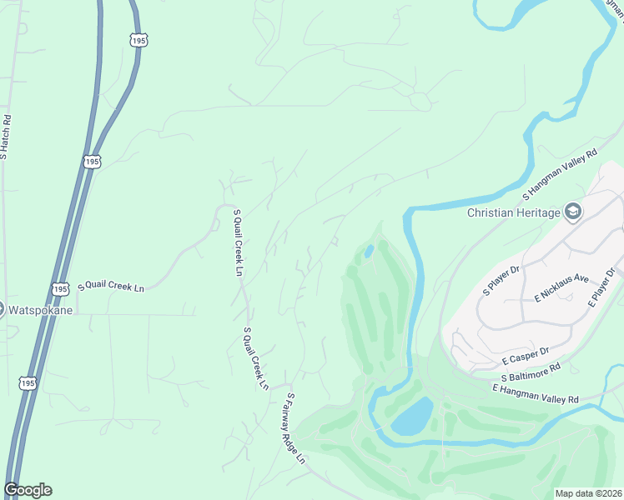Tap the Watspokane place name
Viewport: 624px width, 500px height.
pos(41,310)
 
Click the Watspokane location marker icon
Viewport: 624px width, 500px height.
pos(2,308)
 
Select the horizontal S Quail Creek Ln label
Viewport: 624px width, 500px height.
pos(111,287)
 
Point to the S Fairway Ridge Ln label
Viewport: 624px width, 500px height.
pos(296,428)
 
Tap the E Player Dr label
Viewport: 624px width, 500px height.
pos(605,288)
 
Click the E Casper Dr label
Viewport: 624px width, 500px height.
pos(525,356)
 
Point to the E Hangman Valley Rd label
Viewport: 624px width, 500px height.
pos(535,394)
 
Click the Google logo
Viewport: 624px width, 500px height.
pos(28,490)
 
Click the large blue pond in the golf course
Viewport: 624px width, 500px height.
pos(412,415)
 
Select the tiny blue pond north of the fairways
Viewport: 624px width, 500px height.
pos(368,251)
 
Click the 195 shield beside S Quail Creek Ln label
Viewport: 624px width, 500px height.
pos(58,288)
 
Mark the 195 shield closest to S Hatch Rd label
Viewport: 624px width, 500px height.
pos(93,161)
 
